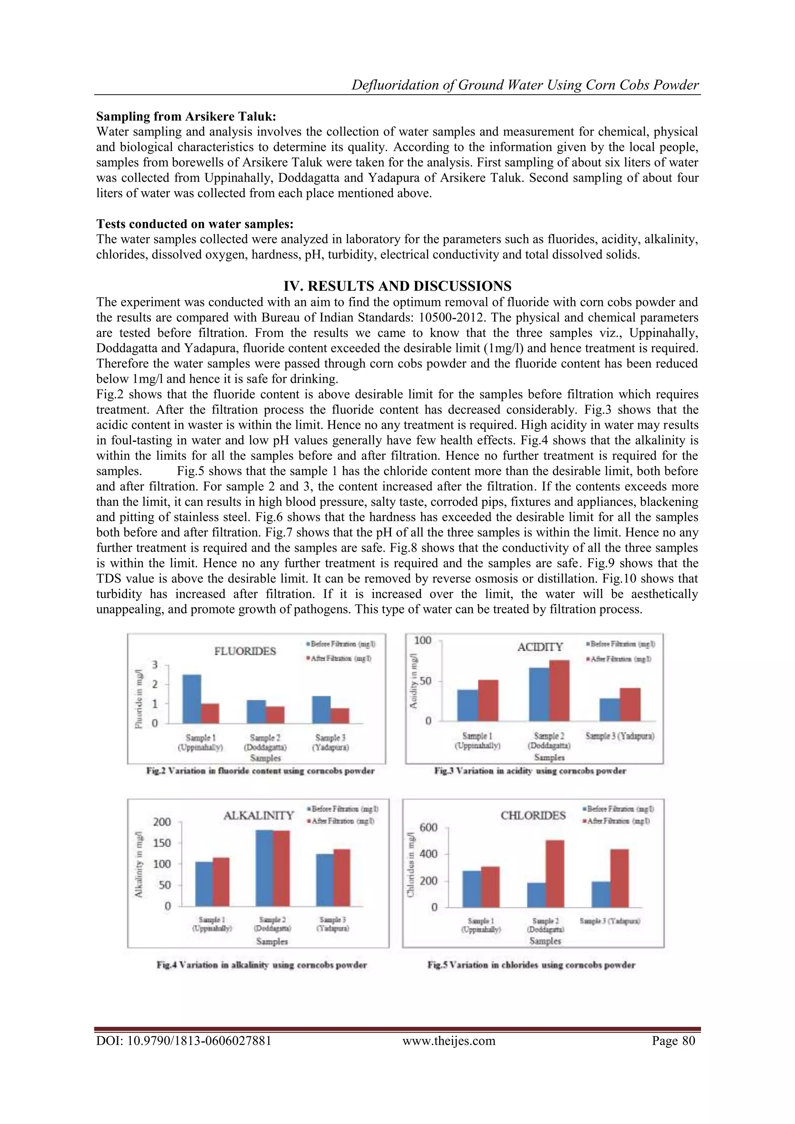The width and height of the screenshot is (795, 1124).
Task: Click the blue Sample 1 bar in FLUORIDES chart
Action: (x=191, y=699)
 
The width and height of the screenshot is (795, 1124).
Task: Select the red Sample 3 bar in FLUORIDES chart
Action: (x=340, y=716)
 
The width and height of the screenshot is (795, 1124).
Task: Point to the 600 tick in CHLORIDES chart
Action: (x=428, y=828)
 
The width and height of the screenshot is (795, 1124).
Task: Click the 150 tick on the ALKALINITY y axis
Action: (x=162, y=843)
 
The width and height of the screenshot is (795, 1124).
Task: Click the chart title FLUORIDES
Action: (x=245, y=651)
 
